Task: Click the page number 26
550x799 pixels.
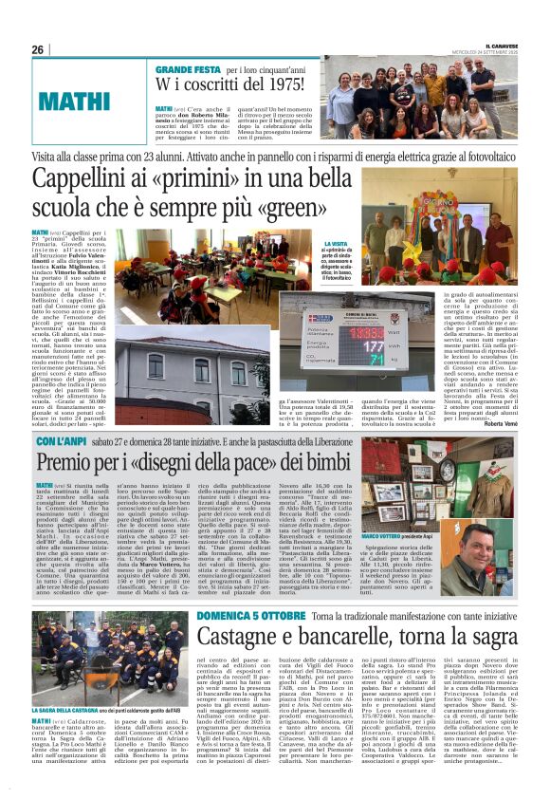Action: pyautogui.click(x=38, y=49)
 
